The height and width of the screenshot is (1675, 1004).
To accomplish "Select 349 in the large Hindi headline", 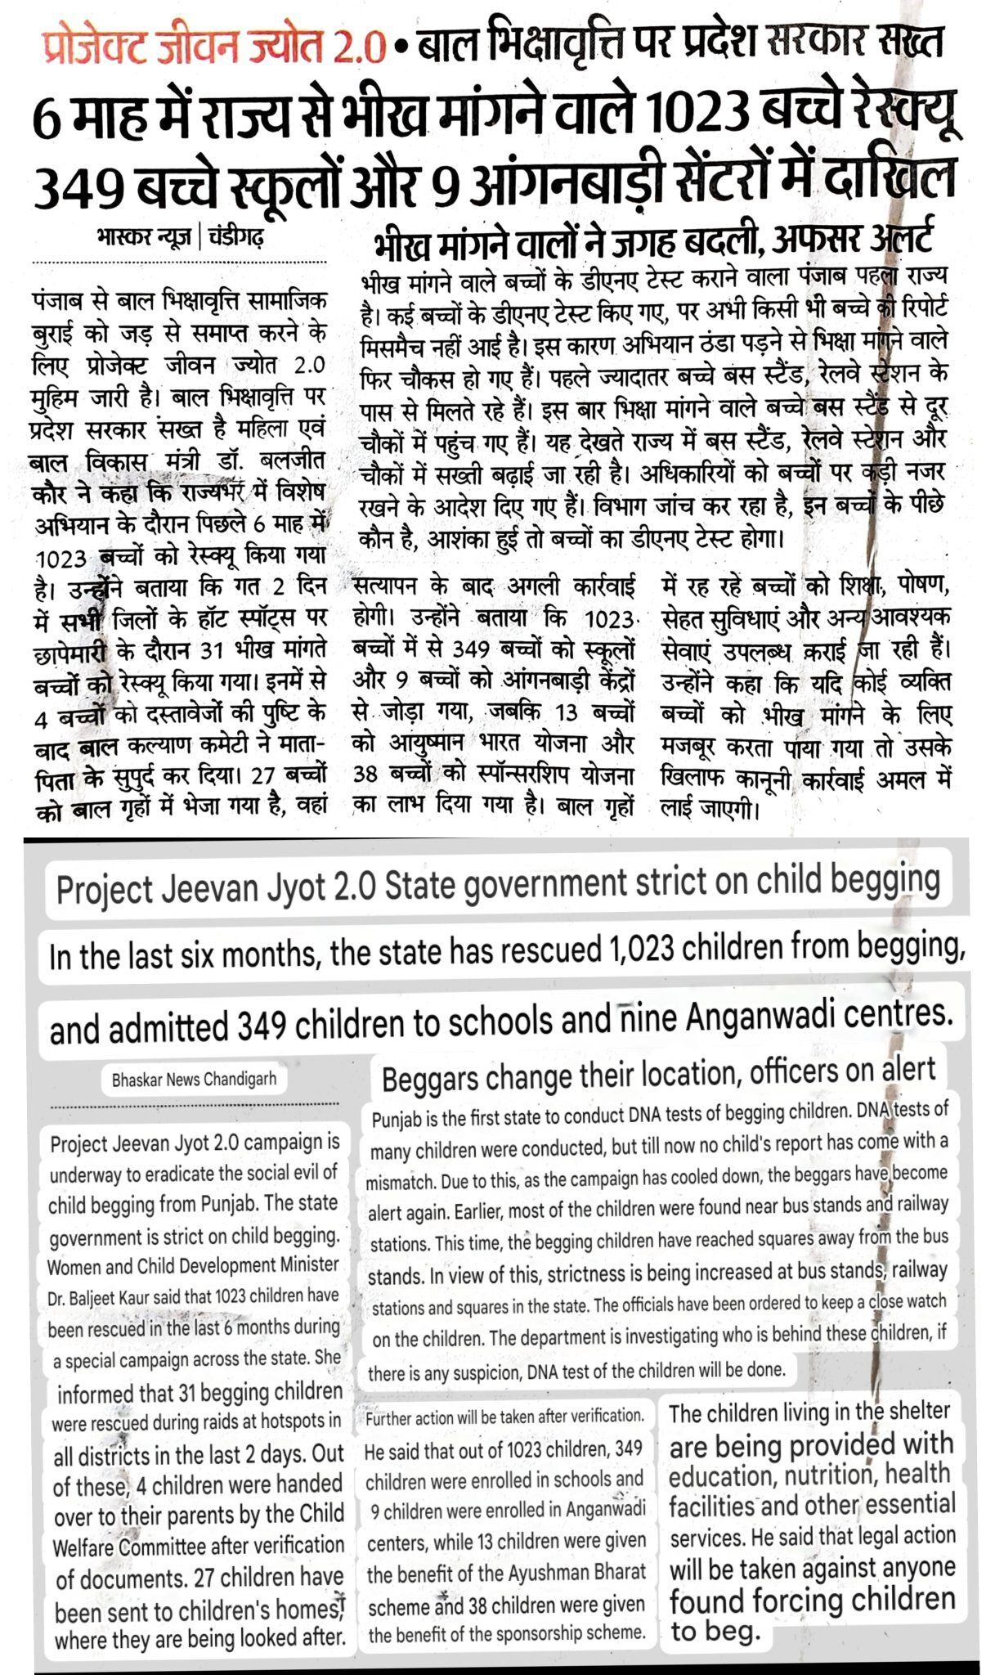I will pos(78,186).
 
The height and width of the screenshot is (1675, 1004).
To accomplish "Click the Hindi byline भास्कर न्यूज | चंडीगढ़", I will pos(179,240).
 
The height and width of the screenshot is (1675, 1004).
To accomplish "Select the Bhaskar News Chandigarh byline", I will pos(194,1080).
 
